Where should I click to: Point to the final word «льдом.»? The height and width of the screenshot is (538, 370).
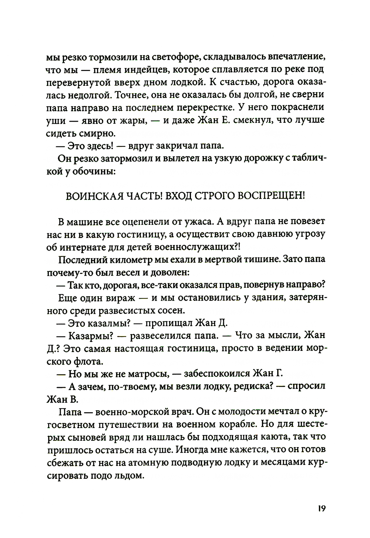(x=128, y=475)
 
